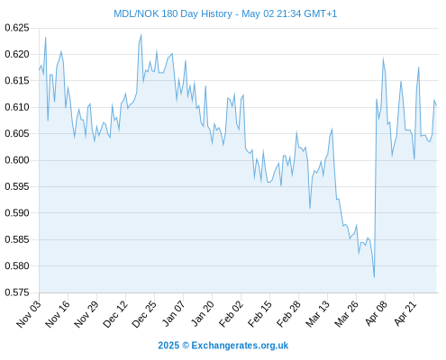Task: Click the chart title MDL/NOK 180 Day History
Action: click(173, 13)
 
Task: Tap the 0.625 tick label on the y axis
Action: click(17, 28)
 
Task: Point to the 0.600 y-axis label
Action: click(17, 160)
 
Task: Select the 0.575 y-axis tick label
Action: click(17, 292)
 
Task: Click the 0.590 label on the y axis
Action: click(17, 213)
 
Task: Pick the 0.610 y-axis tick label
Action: click(17, 107)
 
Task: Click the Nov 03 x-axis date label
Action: click(29, 314)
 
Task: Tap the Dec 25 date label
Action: click(144, 314)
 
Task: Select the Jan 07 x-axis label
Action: click(174, 314)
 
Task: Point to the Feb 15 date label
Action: click(260, 314)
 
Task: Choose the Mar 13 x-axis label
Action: click(318, 314)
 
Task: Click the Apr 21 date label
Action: click(405, 313)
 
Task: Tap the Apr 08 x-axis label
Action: click(377, 313)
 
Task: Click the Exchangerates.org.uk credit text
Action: click(240, 346)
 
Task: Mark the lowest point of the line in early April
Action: click(374, 277)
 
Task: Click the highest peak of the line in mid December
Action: click(141, 35)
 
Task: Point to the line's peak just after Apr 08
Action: click(383, 58)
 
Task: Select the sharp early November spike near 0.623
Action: click(45, 38)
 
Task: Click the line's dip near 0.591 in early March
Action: click(310, 208)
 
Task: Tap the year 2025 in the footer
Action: click(168, 346)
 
